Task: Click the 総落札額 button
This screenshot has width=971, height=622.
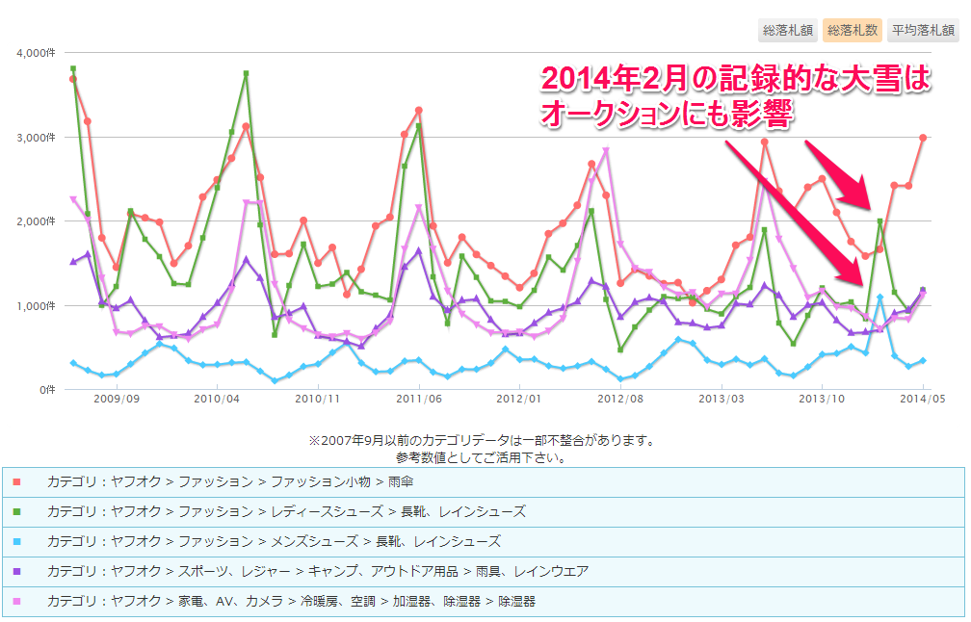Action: tap(788, 30)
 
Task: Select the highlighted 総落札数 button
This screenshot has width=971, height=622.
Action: tap(853, 30)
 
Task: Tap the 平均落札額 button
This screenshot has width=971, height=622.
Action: tap(923, 30)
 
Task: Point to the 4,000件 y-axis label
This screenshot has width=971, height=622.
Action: tap(37, 53)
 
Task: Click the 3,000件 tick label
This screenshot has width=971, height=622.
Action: tap(37, 138)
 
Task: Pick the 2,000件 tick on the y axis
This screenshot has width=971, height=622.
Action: tap(37, 221)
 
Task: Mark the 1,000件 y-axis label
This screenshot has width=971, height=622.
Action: tap(37, 306)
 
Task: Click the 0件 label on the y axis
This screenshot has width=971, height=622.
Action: tap(46, 390)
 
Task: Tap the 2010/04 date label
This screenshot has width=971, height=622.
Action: tap(217, 398)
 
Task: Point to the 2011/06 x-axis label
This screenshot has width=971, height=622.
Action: tap(419, 398)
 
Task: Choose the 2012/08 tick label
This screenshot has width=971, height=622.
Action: tap(620, 398)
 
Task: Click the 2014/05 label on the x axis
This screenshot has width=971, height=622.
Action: tap(922, 398)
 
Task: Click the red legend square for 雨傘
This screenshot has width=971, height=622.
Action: tap(16, 481)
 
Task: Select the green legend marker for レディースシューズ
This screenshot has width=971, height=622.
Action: tap(16, 511)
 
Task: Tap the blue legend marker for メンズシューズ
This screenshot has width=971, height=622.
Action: tap(16, 541)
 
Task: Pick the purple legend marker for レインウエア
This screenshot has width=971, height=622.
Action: tap(16, 571)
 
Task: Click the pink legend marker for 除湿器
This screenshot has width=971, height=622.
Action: tap(16, 601)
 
